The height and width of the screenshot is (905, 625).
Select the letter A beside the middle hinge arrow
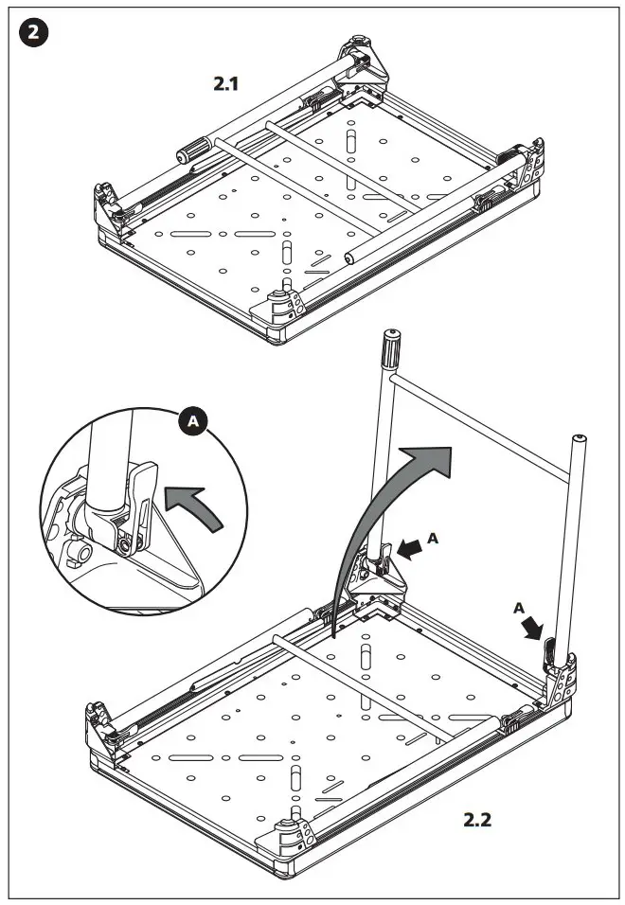coord(434,538)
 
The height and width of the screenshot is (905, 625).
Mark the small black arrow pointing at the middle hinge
coord(410,548)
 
